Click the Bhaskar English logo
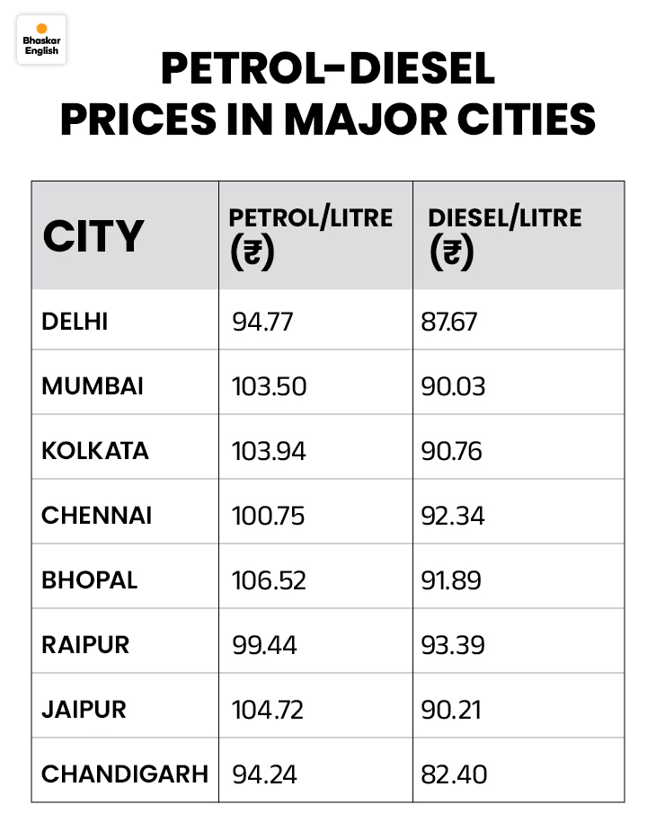pos(40,40)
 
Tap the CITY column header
pos(93,236)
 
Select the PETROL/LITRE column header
pos(310,218)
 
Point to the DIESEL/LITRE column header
pos(505,218)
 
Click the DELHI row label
pos(75,321)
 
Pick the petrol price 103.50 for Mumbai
pos(269,386)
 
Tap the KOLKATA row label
pos(95,451)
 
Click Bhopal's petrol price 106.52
pos(269,580)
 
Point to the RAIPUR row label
pos(85,645)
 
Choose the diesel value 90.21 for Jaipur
pos(451,710)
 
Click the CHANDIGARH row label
pos(124,774)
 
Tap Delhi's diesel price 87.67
pos(449,322)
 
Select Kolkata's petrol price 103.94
pos(269,451)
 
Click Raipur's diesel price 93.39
pos(452,645)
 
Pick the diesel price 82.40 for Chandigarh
pos(454,774)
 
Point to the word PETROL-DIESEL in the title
pos(327,69)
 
